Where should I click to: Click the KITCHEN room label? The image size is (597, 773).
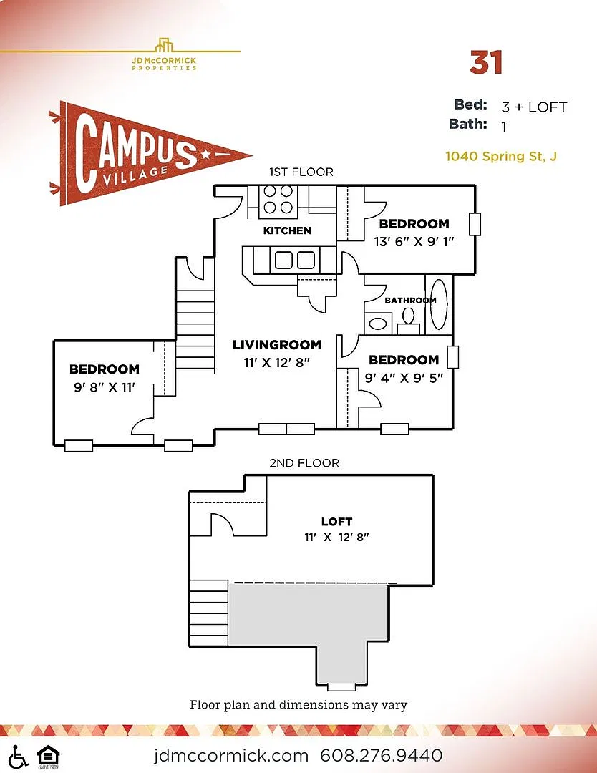click(287, 230)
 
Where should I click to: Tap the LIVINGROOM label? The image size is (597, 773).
click(276, 344)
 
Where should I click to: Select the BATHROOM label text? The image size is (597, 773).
click(410, 300)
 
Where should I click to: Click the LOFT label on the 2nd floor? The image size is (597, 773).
click(336, 521)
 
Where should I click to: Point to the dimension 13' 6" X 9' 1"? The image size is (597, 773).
click(414, 242)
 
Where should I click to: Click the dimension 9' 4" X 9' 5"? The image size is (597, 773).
click(404, 378)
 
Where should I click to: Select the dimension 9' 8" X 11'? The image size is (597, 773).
click(104, 387)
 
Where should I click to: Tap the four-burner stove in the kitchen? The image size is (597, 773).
click(278, 199)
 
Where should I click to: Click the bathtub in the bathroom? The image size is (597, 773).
click(439, 303)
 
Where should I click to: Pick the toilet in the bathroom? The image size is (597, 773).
click(408, 321)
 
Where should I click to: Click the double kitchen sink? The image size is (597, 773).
click(295, 260)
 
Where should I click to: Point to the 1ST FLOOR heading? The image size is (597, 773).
click(301, 172)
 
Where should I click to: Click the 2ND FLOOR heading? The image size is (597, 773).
click(304, 463)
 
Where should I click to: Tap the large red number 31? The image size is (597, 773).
click(486, 62)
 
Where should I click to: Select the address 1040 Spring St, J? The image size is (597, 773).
click(501, 156)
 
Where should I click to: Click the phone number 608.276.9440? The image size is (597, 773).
click(381, 755)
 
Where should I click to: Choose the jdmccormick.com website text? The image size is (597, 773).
click(230, 755)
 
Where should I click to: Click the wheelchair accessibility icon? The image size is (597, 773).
click(18, 757)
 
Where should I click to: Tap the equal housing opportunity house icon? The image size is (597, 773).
click(49, 757)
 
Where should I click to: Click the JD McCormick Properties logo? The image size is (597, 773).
click(164, 54)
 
